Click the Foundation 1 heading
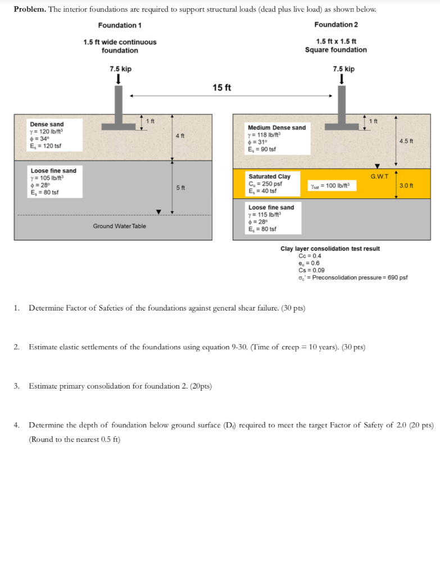pyautogui.click(x=120, y=25)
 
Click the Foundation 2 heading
pyautogui.click(x=336, y=25)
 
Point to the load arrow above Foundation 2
pyautogui.click(x=342, y=80)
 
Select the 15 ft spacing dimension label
pyautogui.click(x=222, y=88)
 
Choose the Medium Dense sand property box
pyautogui.click(x=276, y=139)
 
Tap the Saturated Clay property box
pyautogui.click(x=269, y=184)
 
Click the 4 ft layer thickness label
pyautogui.click(x=179, y=136)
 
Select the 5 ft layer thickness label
pyautogui.click(x=179, y=187)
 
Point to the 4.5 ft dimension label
pyautogui.click(x=406, y=141)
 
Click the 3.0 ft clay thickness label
pyautogui.click(x=406, y=185)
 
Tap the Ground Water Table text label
pyautogui.click(x=120, y=226)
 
